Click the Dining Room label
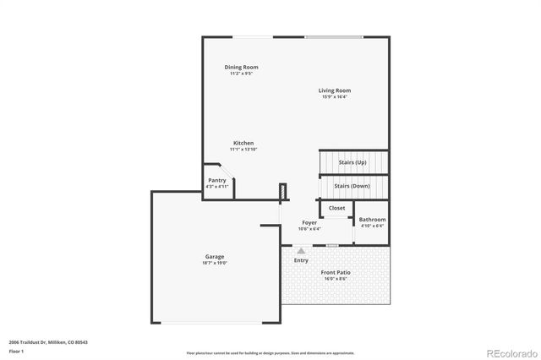coord(241,67)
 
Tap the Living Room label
coord(335,90)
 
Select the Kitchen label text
coord(243,143)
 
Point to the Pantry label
coord(216,180)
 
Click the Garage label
coord(215,256)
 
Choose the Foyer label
coord(310,222)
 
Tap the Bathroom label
coord(372,220)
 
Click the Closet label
coord(336,208)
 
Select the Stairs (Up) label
coord(352,162)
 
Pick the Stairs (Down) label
coord(352,186)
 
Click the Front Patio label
coord(336,272)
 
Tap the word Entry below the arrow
coord(301,260)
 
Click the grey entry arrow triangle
coord(301,250)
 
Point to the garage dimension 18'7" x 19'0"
coord(215,263)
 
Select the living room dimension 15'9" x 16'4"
coord(335,97)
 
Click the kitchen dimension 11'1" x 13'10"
coord(243,150)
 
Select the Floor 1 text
coord(17,351)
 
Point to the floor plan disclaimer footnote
coord(270,353)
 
